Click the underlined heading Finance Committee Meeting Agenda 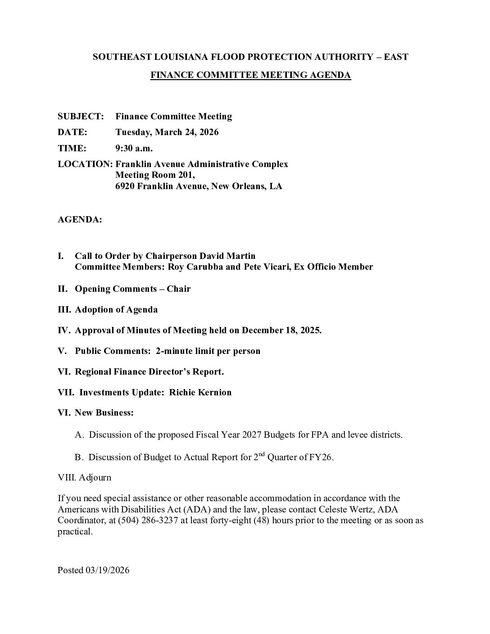(250, 75)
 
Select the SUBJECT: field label (81, 116)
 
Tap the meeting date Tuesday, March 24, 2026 (167, 132)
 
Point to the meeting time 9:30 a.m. (134, 148)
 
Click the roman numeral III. (64, 309)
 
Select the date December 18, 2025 (281, 330)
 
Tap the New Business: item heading (104, 412)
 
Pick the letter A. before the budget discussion (79, 435)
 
